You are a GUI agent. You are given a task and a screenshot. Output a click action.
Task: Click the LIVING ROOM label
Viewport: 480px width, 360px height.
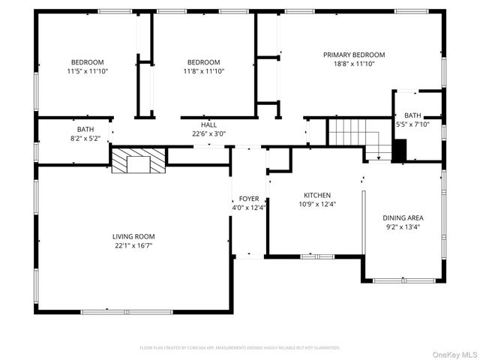point(135,236)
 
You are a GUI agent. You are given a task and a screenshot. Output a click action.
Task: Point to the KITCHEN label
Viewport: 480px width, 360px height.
point(317,194)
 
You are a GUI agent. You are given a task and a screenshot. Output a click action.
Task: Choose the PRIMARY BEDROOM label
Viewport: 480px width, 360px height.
point(354,55)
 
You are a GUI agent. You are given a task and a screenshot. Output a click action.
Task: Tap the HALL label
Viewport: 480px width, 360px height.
point(208,124)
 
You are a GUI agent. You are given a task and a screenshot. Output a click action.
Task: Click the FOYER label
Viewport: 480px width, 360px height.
point(249,199)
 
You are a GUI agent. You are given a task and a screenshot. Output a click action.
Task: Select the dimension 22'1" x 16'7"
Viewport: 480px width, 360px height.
point(135,246)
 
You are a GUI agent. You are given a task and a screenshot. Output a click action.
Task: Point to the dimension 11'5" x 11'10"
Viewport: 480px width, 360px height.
point(88,72)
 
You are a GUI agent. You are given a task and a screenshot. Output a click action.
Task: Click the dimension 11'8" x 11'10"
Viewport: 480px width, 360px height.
point(203,72)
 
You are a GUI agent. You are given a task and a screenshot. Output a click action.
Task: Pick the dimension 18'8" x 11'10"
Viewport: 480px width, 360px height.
point(354,64)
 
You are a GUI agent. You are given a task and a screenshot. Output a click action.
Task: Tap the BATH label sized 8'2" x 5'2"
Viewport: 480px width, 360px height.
point(85,129)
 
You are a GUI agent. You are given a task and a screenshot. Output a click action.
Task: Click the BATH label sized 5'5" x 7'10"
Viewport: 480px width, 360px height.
point(412,115)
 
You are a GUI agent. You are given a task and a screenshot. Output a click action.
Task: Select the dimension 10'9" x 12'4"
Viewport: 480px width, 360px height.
point(317,204)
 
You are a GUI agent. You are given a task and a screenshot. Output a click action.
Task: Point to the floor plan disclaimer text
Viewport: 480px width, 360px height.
point(240,348)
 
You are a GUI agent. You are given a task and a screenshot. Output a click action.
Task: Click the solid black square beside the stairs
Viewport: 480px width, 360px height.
point(399,150)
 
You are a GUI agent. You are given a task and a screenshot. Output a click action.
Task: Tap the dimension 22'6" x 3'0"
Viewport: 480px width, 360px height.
point(208,134)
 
